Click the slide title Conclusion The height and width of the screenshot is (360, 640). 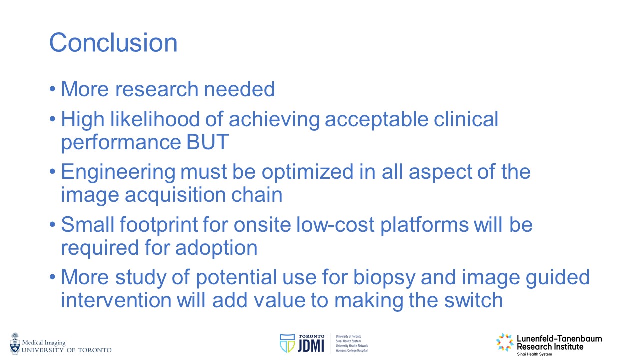click(113, 43)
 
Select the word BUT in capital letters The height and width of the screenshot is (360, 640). click(207, 142)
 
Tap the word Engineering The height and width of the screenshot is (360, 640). click(118, 173)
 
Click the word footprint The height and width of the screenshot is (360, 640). click(158, 225)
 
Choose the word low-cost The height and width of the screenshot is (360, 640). click(335, 225)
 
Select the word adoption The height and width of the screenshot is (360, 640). click(216, 248)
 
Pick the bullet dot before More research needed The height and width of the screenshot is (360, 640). click(52, 89)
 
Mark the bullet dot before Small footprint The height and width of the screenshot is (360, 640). click(52, 225)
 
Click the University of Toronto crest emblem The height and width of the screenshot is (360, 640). click(15, 344)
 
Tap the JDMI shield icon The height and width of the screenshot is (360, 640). click(287, 343)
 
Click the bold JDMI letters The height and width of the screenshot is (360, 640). click(311, 346)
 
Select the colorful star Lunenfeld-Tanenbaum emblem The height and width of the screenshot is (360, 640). click(505, 342)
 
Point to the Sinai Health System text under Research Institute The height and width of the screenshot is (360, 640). click(534, 354)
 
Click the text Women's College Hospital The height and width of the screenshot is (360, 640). click(351, 350)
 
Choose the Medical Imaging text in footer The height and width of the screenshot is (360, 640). click(44, 343)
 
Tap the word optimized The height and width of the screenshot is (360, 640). click(307, 173)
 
